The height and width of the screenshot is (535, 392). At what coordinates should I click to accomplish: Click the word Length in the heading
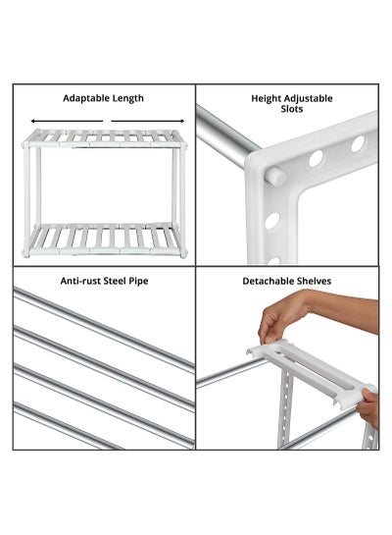pos(128,98)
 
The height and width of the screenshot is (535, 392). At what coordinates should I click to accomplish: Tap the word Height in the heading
pos(266,98)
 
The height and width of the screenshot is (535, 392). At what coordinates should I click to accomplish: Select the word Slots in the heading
pos(292,109)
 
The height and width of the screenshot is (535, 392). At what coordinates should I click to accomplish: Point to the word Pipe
pos(138,282)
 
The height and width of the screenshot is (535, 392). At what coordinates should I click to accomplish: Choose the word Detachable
pos(268,281)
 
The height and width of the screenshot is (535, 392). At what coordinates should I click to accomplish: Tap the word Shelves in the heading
pos(314,281)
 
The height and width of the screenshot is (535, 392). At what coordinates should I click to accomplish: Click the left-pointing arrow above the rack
pos(67,121)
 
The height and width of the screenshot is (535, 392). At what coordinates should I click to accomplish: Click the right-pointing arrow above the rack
pos(148,121)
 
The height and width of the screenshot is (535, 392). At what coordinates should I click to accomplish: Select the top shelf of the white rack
pos(105,138)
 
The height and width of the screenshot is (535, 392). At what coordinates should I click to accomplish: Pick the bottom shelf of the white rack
pos(105,240)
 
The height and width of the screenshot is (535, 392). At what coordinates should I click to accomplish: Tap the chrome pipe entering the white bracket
pos(226,137)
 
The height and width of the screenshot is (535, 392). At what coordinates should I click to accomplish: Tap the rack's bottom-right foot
pos(183,254)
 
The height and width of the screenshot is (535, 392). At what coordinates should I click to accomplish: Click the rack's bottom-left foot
pos(26,254)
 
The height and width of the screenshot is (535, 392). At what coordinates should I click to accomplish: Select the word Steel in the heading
pos(115,281)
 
